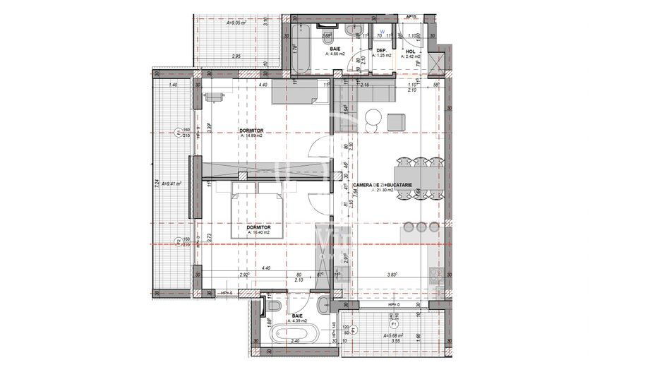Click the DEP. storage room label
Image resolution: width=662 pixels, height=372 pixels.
tap(380, 50)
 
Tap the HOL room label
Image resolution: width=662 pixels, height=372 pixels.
tap(410, 50)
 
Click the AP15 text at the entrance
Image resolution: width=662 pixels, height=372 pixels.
tap(411, 15)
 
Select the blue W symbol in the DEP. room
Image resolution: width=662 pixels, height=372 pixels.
tap(382, 32)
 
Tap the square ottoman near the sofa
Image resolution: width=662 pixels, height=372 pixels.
tap(397, 121)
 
